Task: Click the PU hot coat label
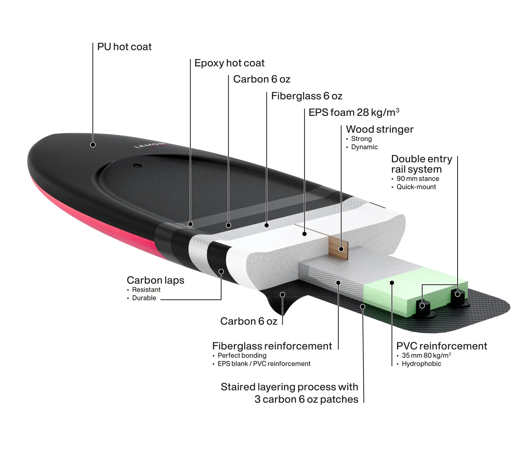[124, 47]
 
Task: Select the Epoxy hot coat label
[229, 63]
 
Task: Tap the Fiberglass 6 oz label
[307, 96]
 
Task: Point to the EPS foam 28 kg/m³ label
[354, 112]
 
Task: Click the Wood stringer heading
[380, 129]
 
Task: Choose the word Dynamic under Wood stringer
[364, 147]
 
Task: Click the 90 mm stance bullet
[418, 179]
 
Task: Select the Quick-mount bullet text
[416, 187]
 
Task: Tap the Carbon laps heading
[155, 280]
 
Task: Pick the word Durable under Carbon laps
[144, 298]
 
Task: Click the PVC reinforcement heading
[442, 346]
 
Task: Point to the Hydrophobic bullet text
[421, 364]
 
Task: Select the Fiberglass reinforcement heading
[272, 346]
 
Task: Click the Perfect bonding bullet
[242, 355]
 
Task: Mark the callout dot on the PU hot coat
[93, 145]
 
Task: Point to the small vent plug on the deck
[138, 165]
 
